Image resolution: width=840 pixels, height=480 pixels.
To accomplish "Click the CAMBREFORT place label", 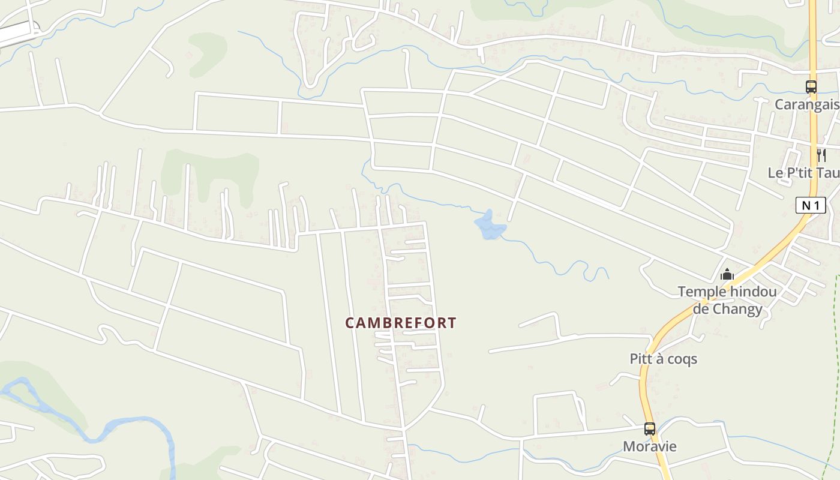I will tap(401, 323).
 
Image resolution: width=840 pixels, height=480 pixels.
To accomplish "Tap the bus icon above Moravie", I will tap(650, 429).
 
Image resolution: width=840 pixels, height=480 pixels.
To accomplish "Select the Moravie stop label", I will tap(650, 446).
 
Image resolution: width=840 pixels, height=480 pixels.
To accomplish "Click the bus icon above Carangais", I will tap(811, 87).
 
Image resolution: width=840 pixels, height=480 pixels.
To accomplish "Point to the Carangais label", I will tap(806, 104).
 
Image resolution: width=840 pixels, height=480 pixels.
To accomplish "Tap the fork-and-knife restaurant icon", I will tap(821, 155).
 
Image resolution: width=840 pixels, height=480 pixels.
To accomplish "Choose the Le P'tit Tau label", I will tap(803, 173).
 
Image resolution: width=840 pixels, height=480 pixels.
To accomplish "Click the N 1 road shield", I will tap(811, 205).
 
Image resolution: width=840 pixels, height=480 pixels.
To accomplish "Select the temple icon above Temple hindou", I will tap(727, 275).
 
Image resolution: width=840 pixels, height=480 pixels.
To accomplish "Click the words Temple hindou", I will tap(727, 292).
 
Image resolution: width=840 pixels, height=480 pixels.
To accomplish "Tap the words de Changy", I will tap(727, 309).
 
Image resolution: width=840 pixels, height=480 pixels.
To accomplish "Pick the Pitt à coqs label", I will tap(664, 359).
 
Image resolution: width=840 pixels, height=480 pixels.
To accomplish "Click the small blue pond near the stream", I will tap(490, 226).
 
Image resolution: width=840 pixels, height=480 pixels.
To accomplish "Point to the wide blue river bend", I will tap(120, 427).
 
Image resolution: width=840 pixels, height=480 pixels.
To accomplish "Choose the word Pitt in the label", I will tap(641, 359).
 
